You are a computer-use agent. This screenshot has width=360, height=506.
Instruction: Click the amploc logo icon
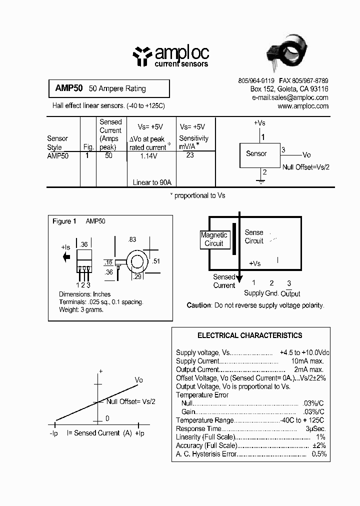142,56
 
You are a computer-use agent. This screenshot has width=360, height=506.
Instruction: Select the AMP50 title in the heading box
65,88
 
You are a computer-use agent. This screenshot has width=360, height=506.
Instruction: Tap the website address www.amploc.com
303,106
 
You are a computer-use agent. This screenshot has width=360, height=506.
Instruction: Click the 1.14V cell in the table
148,156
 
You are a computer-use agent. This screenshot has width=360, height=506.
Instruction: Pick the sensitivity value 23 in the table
189,155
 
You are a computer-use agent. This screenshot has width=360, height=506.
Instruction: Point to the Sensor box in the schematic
259,154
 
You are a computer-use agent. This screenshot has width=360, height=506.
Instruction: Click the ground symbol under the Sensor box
260,182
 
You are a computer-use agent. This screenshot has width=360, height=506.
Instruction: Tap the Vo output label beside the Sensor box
306,155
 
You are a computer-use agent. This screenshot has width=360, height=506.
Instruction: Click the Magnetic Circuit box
214,239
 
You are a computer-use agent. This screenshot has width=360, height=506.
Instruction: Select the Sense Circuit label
254,236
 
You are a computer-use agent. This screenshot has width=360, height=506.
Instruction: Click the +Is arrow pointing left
66,257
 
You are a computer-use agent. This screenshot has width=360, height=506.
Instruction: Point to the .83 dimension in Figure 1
132,240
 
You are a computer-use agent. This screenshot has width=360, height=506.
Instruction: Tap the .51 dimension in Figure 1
156,260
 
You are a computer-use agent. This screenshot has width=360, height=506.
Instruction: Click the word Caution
198,305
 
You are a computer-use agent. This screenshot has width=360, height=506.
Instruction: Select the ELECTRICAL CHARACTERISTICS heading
250,335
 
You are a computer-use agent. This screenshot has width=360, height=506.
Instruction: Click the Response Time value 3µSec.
316,428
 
